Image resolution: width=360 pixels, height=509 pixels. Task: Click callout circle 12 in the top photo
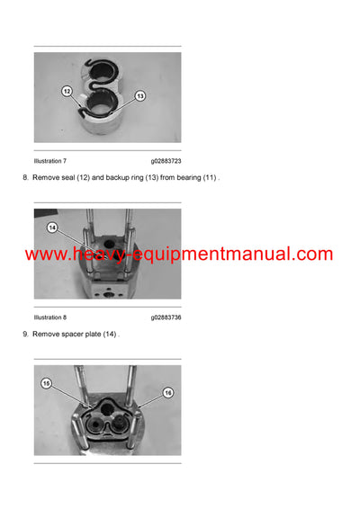pyautogui.click(x=67, y=91)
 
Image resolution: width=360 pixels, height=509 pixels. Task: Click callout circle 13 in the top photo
pyautogui.click(x=140, y=95)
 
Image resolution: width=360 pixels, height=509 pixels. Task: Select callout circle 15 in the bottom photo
pyautogui.click(x=47, y=383)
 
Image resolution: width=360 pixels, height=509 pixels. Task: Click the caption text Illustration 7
pyautogui.click(x=50, y=161)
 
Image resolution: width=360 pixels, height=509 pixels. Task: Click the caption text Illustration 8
pyautogui.click(x=50, y=317)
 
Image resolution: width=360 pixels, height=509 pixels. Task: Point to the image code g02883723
pyautogui.click(x=166, y=161)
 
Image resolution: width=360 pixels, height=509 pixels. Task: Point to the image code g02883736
pyautogui.click(x=166, y=317)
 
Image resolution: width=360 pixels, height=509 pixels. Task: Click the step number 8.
pyautogui.click(x=24, y=178)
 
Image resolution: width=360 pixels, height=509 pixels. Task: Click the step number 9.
pyautogui.click(x=24, y=335)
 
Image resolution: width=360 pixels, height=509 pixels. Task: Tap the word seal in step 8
pyautogui.click(x=68, y=178)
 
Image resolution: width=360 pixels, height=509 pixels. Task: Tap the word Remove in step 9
pyautogui.click(x=45, y=335)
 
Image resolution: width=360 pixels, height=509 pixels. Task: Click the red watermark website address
pyautogui.click(x=178, y=254)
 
